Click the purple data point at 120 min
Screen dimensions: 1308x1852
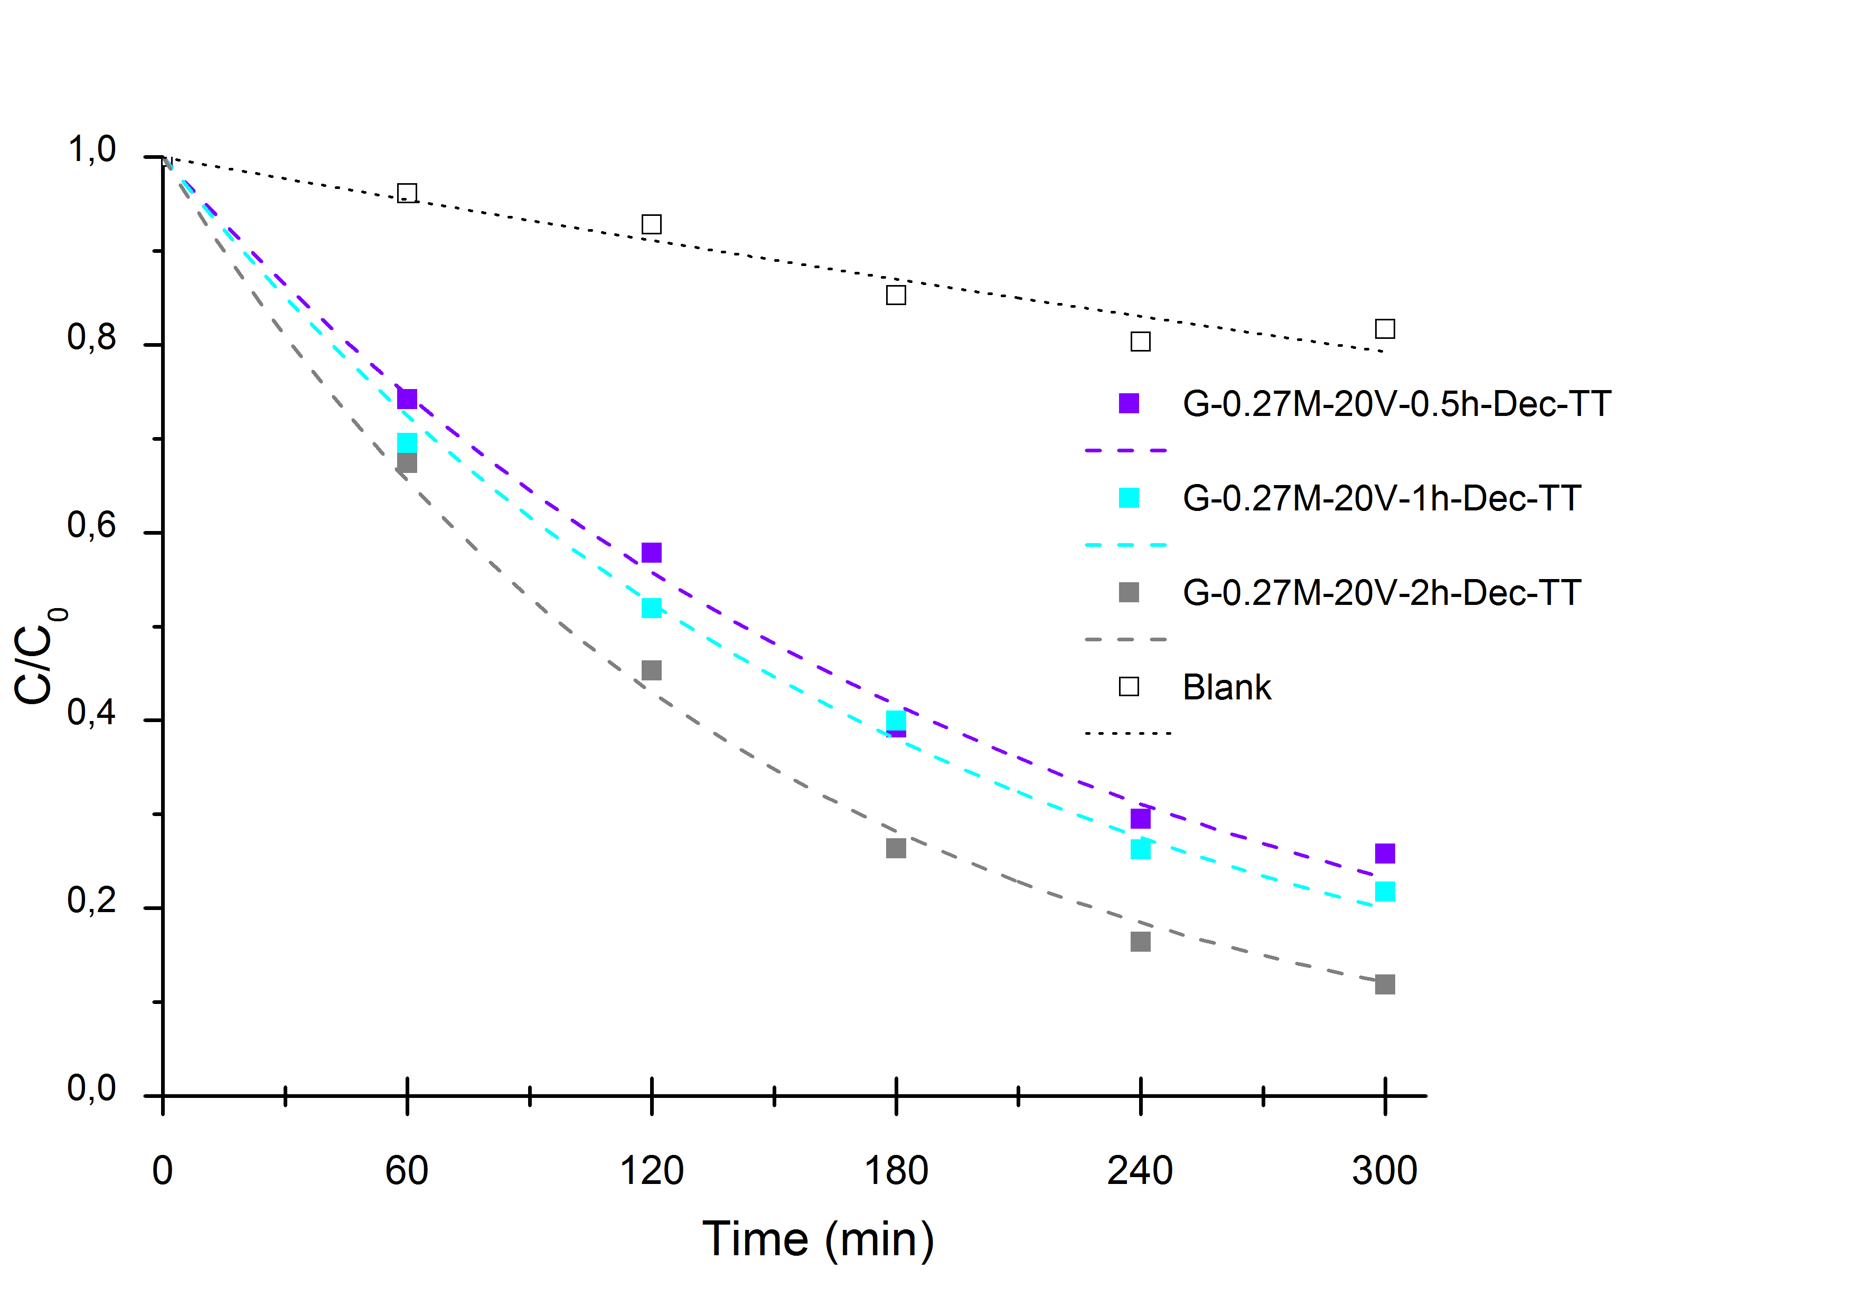[x=651, y=553]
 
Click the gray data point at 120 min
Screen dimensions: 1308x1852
[x=651, y=670]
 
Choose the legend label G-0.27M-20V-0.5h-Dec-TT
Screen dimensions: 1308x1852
[x=1396, y=404]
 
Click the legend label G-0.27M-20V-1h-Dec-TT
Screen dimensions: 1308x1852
[x=1381, y=498]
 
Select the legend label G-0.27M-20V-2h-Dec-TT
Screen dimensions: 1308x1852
[x=1381, y=593]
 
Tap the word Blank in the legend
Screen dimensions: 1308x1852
[x=1226, y=688]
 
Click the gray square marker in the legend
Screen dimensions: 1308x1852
[x=1129, y=593]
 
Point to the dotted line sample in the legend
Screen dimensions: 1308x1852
[x=1127, y=733]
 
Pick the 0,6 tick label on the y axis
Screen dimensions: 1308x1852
[x=91, y=526]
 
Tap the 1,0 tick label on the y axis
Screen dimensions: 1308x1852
[x=91, y=150]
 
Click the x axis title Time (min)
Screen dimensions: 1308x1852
[x=818, y=1239]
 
